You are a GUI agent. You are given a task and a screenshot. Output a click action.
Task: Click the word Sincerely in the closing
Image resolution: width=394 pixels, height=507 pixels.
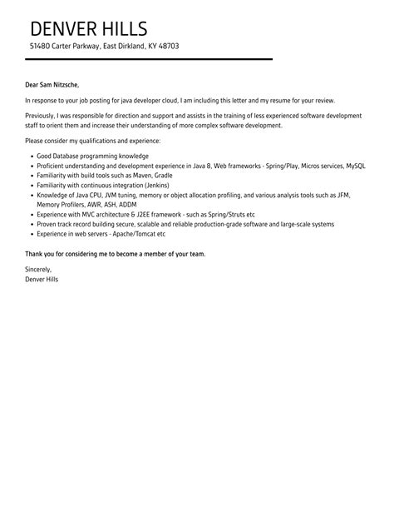coord(38,269)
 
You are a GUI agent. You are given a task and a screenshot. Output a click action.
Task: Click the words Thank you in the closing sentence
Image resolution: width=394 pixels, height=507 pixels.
coord(40,253)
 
